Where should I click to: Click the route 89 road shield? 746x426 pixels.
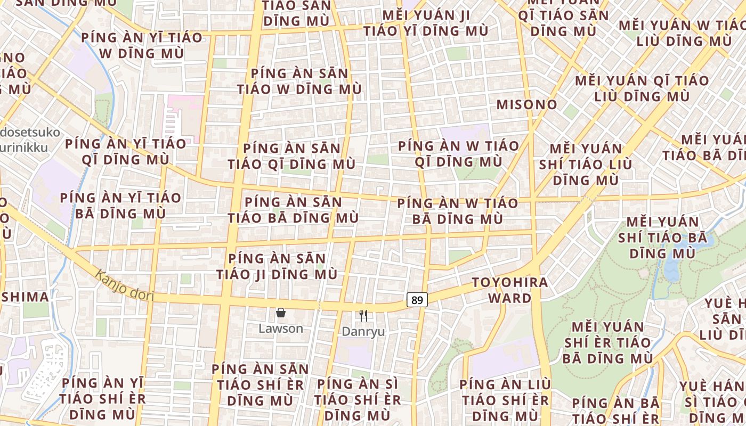[417, 300]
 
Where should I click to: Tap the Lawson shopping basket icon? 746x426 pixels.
[281, 313]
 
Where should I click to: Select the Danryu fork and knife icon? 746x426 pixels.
[363, 316]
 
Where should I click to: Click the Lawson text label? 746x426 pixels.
[281, 329]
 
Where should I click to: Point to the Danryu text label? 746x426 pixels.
[363, 331]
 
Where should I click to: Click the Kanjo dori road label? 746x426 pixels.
[125, 285]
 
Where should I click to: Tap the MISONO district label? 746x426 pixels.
[526, 104]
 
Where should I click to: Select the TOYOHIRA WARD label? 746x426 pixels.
[510, 290]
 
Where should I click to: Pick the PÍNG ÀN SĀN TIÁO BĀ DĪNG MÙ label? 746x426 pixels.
[293, 210]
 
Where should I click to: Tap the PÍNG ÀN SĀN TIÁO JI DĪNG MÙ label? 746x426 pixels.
[277, 266]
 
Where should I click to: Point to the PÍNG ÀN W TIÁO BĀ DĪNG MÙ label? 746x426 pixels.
[458, 211]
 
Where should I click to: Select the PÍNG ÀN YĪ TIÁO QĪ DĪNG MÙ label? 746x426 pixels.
[126, 151]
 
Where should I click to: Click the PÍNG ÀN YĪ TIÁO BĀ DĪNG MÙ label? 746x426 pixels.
[120, 206]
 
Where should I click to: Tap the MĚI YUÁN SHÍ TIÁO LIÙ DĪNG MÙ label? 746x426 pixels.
[586, 164]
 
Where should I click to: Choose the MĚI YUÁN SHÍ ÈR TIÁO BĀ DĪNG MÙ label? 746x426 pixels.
[607, 342]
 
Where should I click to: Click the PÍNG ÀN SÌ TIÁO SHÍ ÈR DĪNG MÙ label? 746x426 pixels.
[357, 399]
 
